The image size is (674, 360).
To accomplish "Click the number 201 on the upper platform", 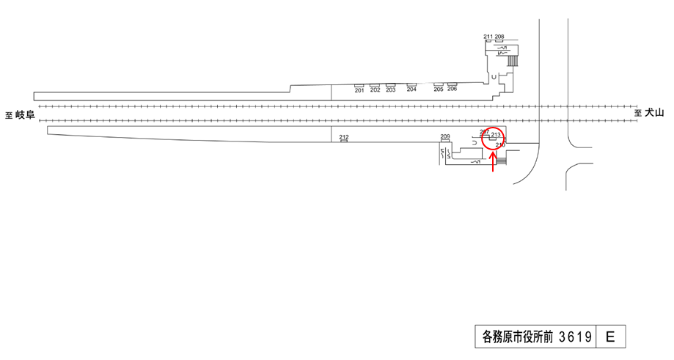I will pos(359,90).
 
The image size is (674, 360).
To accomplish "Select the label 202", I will pos(376,90).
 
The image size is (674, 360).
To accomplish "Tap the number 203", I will pos(391,90).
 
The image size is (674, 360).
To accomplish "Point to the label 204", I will pos(411,90).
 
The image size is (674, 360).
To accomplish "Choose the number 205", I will pos(439,89).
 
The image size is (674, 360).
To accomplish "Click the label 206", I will pos(452,89).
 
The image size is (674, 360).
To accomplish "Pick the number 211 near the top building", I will pos(488,37).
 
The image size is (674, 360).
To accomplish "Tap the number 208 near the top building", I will pos(499,37).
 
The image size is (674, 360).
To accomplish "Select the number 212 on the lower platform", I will pos(344,137).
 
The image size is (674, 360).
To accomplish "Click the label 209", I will pos(444,137).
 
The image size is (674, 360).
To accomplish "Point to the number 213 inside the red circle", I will pos(496,135).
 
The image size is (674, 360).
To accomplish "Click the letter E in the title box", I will pos(611,337).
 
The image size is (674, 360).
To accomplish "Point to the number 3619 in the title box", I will pos(575,337).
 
